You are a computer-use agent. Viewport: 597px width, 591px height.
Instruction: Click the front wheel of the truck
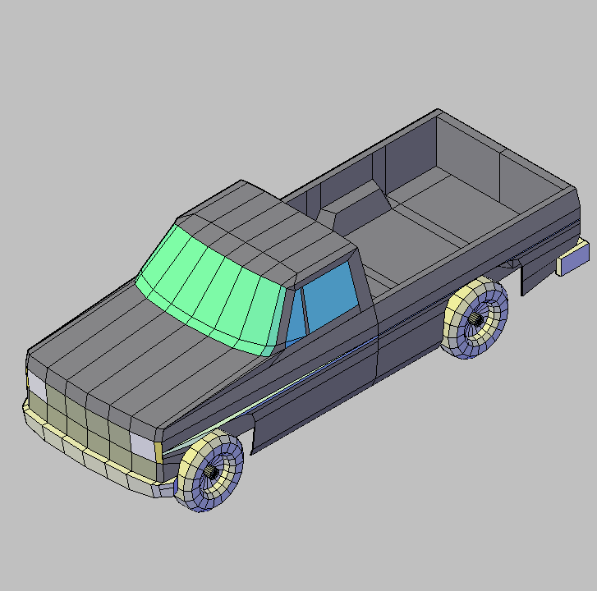(210, 472)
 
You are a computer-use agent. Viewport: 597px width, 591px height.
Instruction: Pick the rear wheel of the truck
(475, 318)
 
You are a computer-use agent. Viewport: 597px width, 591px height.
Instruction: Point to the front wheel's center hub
(212, 471)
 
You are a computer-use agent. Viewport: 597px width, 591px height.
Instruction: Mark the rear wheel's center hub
(476, 318)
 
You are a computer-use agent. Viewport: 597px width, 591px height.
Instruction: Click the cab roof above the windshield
(263, 234)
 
